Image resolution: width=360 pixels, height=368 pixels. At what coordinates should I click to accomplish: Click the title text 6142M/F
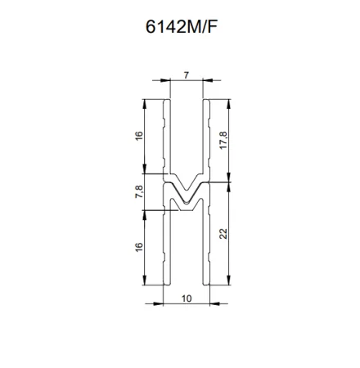pos(182,27)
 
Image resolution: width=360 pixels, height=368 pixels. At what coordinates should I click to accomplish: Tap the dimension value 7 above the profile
pos(187,75)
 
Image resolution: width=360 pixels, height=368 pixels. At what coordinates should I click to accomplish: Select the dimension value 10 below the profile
pos(187,298)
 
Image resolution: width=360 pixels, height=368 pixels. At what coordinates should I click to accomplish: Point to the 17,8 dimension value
pos(223,140)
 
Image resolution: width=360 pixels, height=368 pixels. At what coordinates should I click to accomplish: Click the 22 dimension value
pos(223,234)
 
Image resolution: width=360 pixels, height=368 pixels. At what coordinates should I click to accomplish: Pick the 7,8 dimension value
pos(139,191)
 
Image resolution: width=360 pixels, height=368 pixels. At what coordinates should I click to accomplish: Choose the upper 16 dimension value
pos(139,136)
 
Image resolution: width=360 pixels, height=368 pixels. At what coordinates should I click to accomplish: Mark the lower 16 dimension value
pos(139,247)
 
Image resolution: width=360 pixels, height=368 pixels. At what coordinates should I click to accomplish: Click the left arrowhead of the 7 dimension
pos(165,80)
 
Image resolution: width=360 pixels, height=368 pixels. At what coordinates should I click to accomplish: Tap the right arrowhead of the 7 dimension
pos(208,80)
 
